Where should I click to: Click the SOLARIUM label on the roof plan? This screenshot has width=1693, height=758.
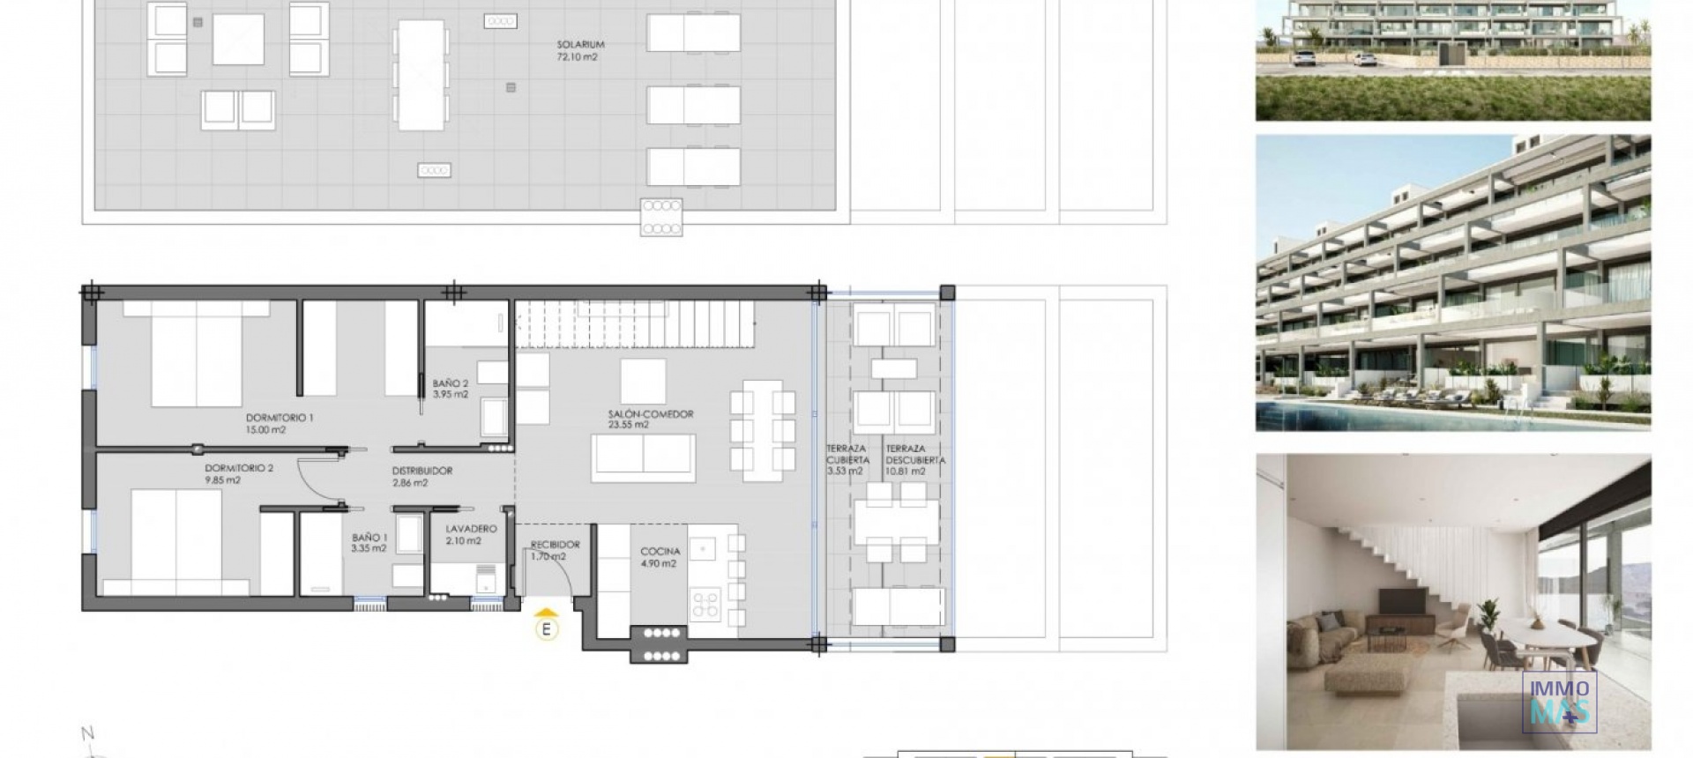580,44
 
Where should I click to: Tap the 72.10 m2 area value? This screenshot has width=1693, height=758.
578,57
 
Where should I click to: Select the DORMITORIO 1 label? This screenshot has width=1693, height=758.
280,418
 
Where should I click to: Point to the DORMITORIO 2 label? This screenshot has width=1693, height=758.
239,468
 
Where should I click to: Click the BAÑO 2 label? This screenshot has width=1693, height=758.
451,383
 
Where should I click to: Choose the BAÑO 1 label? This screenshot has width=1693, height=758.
369,537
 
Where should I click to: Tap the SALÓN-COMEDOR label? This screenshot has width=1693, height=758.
651,413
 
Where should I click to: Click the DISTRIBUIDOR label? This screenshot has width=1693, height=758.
422,471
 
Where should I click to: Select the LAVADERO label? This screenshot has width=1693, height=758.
471,529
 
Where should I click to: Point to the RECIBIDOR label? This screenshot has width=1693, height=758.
555,545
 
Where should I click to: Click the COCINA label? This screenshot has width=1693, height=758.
660,552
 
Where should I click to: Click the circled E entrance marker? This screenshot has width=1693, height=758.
548,629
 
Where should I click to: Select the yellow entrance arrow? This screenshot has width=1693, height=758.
548,612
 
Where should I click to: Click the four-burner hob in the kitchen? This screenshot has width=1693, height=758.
705,604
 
